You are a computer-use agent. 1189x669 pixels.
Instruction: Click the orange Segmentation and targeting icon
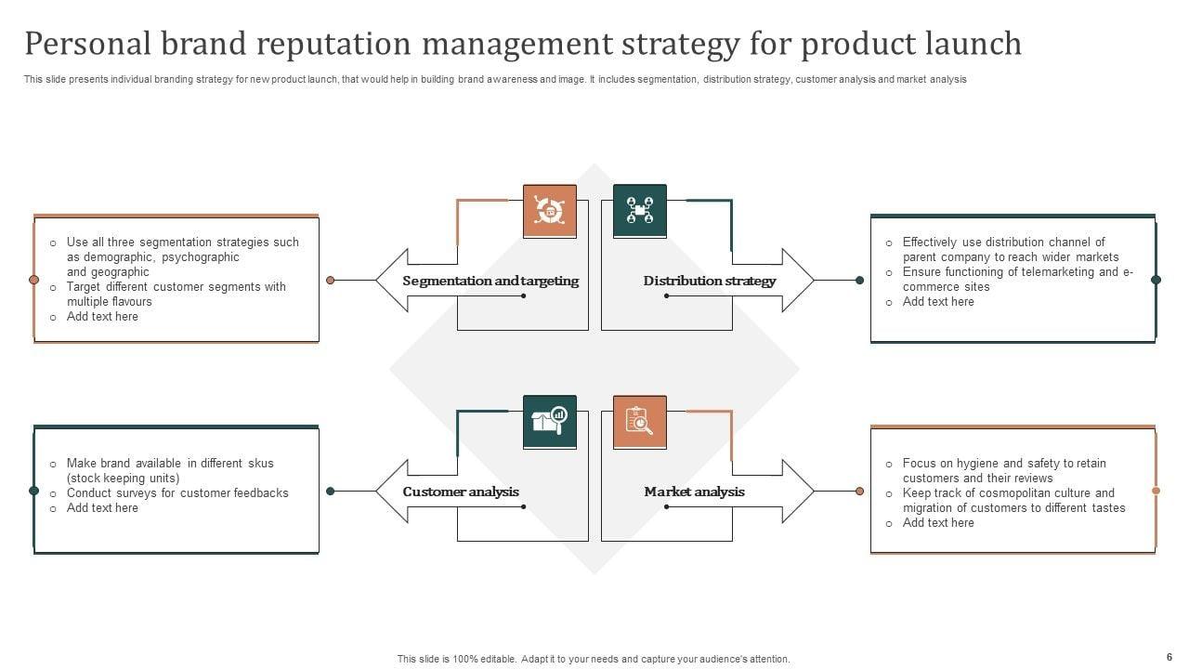549,211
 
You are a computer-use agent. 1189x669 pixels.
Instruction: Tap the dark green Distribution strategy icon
640,211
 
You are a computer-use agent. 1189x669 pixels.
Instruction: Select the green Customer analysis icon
549,422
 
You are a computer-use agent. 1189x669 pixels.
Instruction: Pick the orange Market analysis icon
640,422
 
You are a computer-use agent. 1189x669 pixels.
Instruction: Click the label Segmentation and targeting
490,281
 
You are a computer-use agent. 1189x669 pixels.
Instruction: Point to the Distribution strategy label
710,281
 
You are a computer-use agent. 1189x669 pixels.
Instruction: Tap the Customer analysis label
461,492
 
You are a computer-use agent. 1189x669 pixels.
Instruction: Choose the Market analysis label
694,492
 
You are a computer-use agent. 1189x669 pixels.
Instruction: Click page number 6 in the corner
1169,656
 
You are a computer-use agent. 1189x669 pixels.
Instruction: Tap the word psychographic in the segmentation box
201,257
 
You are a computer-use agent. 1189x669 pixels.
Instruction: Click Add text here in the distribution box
938,302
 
